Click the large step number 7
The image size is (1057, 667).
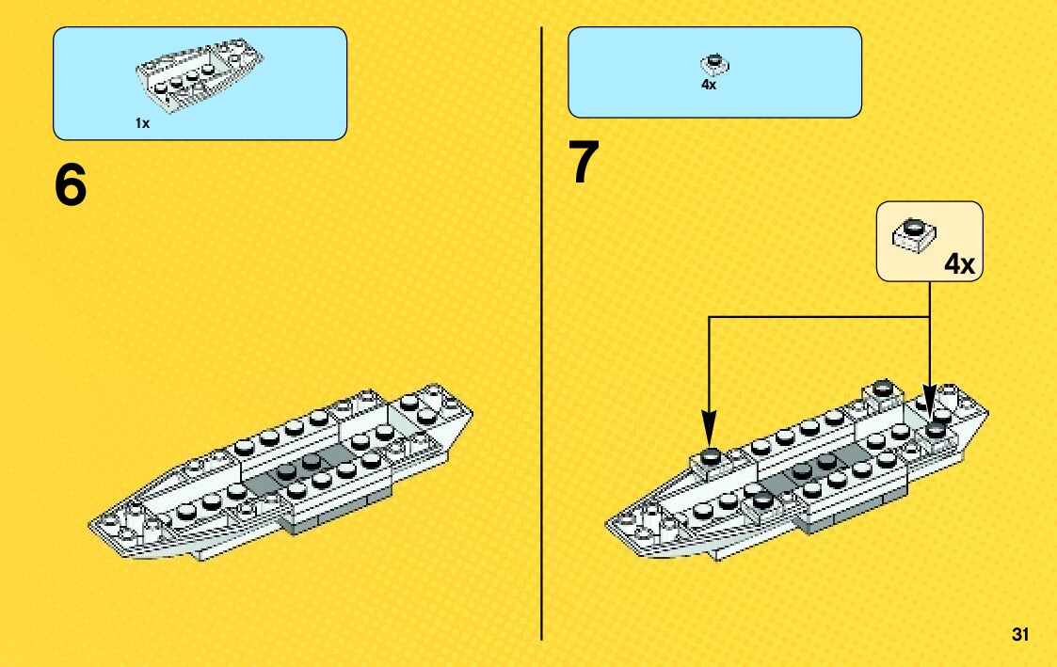[x=584, y=163]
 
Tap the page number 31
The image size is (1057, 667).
[x=1019, y=634]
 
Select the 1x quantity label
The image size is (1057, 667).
[x=142, y=123]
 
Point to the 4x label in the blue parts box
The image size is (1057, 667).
[x=709, y=84]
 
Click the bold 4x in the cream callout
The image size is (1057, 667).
[x=959, y=264]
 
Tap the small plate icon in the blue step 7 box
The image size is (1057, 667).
[x=714, y=65]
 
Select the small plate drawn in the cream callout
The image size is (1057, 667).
[x=912, y=232]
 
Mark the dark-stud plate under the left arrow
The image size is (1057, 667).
[x=711, y=456]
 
